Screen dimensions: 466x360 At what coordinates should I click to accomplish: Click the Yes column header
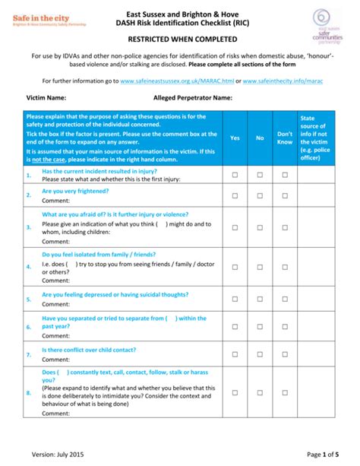[235, 138]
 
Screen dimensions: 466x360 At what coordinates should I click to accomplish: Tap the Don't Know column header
[284, 138]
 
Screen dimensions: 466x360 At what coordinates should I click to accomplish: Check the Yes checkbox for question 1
[235, 175]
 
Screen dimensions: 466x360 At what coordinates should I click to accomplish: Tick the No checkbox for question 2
[260, 195]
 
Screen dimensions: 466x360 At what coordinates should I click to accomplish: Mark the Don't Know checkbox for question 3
[285, 226]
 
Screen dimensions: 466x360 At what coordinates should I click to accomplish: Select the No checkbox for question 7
[260, 355]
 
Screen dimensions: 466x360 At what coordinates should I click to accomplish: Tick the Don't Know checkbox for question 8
[285, 392]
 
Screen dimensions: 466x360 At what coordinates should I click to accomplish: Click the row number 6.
[28, 327]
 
